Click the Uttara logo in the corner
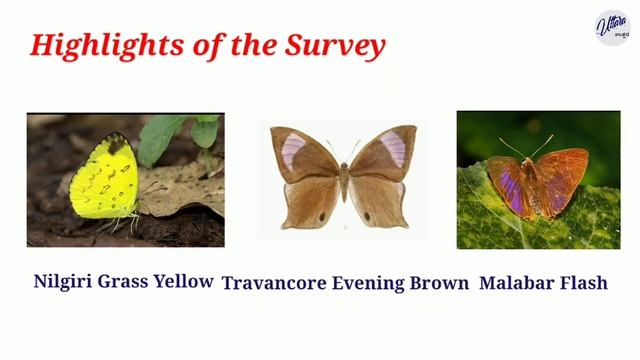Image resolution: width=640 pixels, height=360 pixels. pyautogui.click(x=612, y=28)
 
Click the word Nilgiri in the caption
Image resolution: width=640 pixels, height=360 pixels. pyautogui.click(x=63, y=281)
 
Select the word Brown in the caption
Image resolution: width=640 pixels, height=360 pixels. pyautogui.click(x=439, y=283)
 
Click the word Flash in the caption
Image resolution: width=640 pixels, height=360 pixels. pyautogui.click(x=585, y=283)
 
